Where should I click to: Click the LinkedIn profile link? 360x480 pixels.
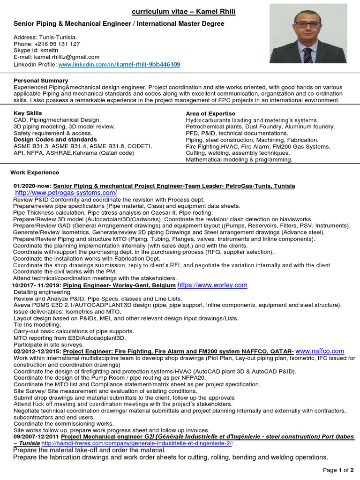pyautogui.click(x=119, y=64)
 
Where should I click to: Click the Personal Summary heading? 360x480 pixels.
pyautogui.click(x=41, y=81)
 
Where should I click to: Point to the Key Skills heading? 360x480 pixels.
pyautogui.click(x=28, y=113)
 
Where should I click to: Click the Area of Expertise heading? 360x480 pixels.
pyautogui.click(x=210, y=113)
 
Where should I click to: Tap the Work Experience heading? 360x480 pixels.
pyautogui.click(x=35, y=172)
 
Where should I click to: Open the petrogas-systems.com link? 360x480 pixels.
pyautogui.click(x=66, y=193)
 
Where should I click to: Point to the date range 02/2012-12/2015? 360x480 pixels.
pyautogui.click(x=37, y=351)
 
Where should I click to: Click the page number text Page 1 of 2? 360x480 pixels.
pyautogui.click(x=338, y=470)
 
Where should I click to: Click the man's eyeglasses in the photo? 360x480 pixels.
pyautogui.click(x=307, y=24)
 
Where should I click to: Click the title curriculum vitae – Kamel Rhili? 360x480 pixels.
pyautogui.click(x=183, y=11)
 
